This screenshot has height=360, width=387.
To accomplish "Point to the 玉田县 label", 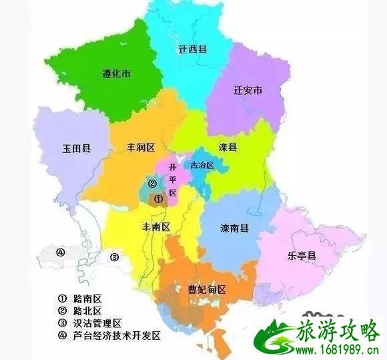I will (77, 148).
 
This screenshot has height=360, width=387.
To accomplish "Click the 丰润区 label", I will (140, 146).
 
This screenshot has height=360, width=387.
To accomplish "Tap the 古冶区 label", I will (201, 164).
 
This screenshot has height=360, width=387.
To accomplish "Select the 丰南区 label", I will (156, 226).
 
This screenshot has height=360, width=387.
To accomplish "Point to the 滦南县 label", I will (235, 228).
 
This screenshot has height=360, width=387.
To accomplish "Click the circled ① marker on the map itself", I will (157, 198).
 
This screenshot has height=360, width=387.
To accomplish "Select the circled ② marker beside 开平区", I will (152, 184).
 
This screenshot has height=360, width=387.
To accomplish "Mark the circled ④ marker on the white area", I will (61, 252).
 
